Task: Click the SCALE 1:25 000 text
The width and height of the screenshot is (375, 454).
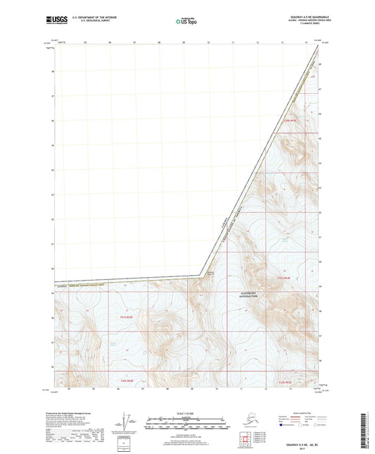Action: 187,413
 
